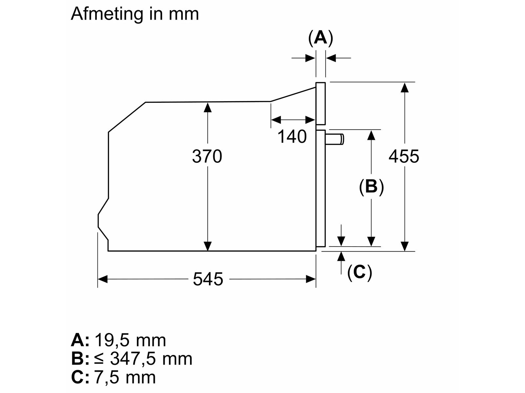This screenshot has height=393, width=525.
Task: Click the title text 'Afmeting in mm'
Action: tap(135, 14)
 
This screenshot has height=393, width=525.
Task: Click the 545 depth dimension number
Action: tap(208, 279)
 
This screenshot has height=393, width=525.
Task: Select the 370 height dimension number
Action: tap(207, 156)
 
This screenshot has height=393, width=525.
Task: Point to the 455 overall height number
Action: tap(404, 156)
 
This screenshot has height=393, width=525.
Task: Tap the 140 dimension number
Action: tap(292, 137)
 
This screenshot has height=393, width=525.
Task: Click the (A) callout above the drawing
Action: tap(321, 38)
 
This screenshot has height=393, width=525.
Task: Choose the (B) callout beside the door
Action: tap(371, 187)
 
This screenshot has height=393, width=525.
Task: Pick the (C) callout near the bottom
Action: tap(360, 272)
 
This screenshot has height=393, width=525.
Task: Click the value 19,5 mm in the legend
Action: tap(130, 340)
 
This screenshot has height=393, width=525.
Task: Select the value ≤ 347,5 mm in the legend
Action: tap(143, 359)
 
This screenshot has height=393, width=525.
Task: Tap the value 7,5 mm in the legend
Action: tap(125, 377)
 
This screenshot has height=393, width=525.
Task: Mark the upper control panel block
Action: tap(321, 103)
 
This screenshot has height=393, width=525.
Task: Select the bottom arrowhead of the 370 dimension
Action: tap(207, 246)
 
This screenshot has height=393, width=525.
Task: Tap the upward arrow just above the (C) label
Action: tap(341, 256)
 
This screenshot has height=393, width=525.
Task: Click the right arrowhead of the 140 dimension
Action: tap(310, 120)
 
